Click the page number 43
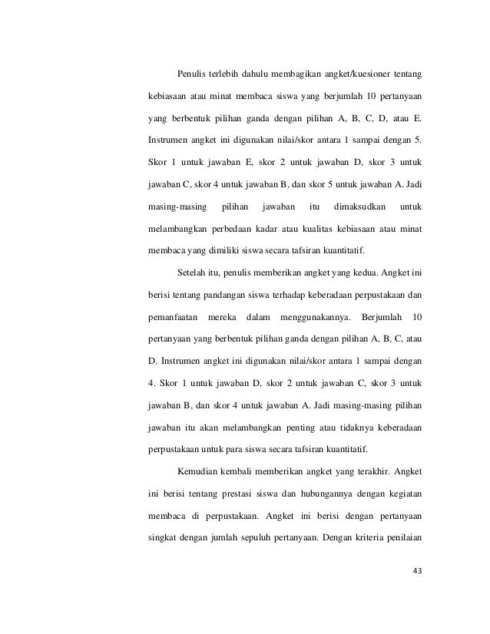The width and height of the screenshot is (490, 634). click(x=418, y=570)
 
